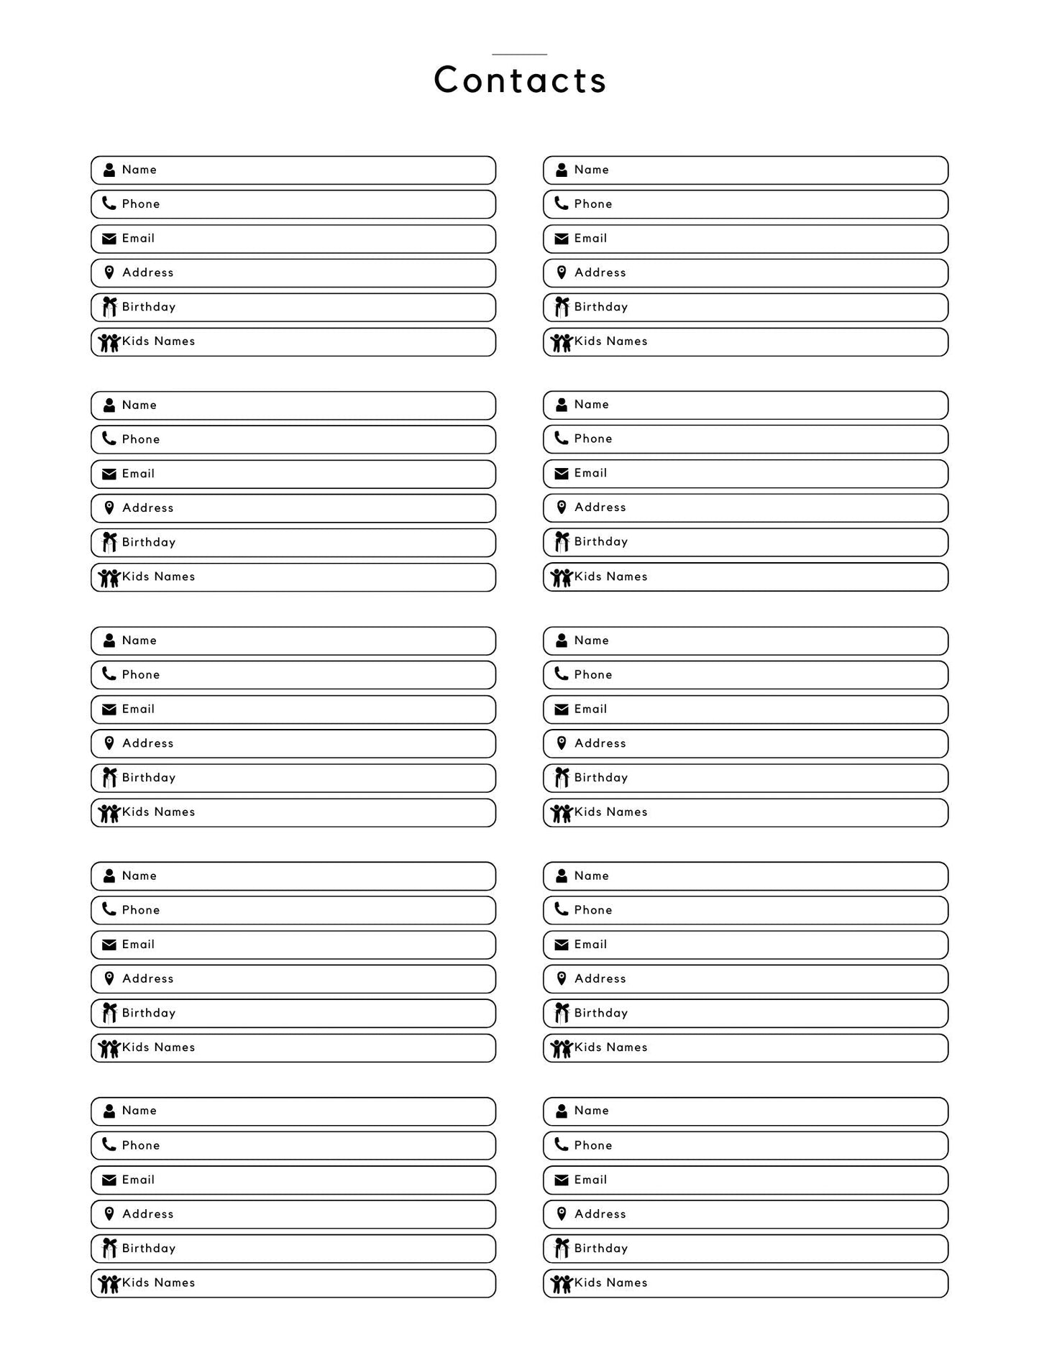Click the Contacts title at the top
tap(520, 80)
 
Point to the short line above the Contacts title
tap(519, 55)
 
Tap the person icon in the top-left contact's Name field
tap(109, 170)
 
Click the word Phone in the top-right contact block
tap(592, 204)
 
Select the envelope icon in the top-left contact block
tap(109, 239)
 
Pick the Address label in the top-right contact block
tap(600, 272)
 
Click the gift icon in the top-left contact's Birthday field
tap(109, 307)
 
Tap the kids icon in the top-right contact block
tap(561, 342)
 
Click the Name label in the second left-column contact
tap(139, 405)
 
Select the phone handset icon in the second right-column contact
tap(561, 439)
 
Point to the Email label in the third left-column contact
tap(138, 710)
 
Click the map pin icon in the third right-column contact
tap(562, 743)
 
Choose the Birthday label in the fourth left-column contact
tap(149, 1013)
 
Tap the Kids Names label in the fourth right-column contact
tap(610, 1047)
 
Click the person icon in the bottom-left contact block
tap(109, 1111)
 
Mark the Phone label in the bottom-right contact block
tap(592, 1145)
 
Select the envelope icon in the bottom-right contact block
tap(562, 1180)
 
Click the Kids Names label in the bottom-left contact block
tap(158, 1282)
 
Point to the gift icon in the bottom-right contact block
tap(562, 1249)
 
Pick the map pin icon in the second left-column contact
tap(109, 508)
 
